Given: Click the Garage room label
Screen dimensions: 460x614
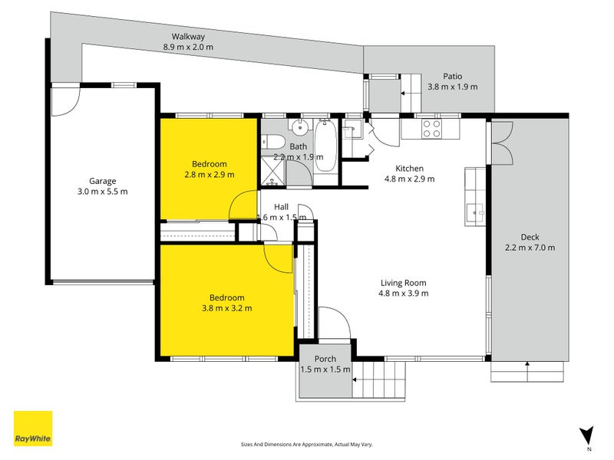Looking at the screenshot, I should point(101,181).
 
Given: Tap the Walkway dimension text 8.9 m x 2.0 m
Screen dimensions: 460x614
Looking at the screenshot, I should point(188,48).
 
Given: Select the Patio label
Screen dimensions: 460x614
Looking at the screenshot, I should point(452,76).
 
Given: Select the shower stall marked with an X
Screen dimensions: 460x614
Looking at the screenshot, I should point(272,169).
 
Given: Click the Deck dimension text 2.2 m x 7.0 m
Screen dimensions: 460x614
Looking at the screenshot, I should point(530,248).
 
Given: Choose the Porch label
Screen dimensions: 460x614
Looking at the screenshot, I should point(324,358).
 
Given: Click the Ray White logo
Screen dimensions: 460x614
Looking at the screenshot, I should point(34,429).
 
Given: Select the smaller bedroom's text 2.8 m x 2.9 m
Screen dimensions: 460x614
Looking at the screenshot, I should point(209,175).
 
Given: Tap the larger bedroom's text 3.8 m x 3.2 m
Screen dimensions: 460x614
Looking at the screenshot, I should point(226,308).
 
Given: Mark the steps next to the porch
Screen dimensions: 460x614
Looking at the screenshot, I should point(378,379).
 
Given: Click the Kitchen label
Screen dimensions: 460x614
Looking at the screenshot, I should point(409,169).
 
